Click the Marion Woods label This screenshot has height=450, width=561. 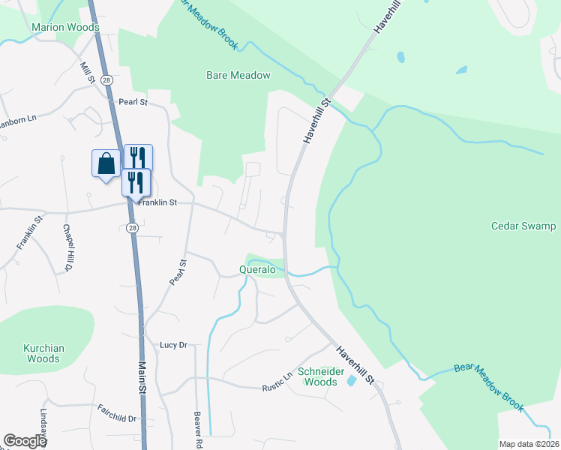(x=65, y=28)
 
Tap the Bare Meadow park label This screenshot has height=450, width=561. (x=238, y=75)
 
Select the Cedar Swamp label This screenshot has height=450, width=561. (x=523, y=226)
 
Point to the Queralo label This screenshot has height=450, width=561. (x=258, y=268)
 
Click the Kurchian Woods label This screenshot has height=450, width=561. (x=43, y=353)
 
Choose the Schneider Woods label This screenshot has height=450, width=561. (x=318, y=376)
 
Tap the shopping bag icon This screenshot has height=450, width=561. (x=106, y=163)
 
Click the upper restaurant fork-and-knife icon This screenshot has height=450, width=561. (x=138, y=157)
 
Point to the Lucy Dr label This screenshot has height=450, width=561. (x=172, y=345)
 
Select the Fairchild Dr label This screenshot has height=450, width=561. (x=116, y=412)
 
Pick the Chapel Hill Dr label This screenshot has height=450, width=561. (x=67, y=247)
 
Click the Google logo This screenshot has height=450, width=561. (x=25, y=441)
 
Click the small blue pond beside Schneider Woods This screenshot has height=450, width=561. (x=352, y=381)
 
